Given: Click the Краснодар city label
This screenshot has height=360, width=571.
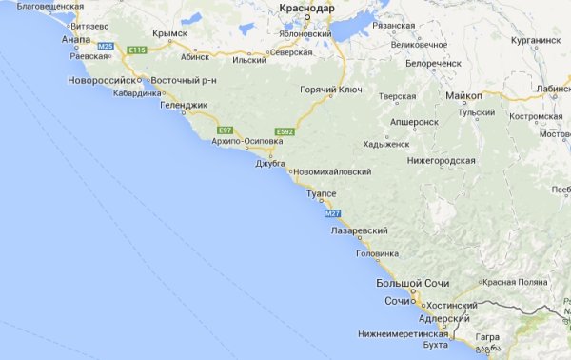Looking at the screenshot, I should (307, 8).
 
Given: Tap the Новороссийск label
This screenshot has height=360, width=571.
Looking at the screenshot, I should (103, 80).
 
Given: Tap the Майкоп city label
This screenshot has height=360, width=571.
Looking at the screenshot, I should (463, 97).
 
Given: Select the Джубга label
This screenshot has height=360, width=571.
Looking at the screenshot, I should (271, 163).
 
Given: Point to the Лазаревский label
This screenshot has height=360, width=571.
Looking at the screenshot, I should (359, 231).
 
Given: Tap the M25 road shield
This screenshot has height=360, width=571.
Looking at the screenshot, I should (106, 46).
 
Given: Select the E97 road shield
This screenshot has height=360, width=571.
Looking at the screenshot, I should (226, 129).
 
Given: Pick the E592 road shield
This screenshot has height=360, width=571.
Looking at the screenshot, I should (283, 130).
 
